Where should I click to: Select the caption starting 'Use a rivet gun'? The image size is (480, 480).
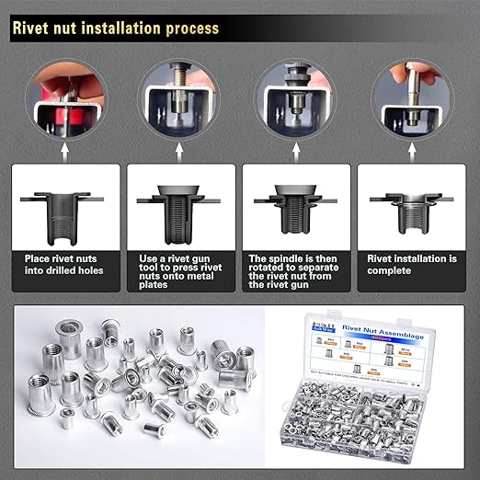pos(180,271)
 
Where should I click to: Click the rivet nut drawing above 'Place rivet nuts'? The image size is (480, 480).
pos(65,211)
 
